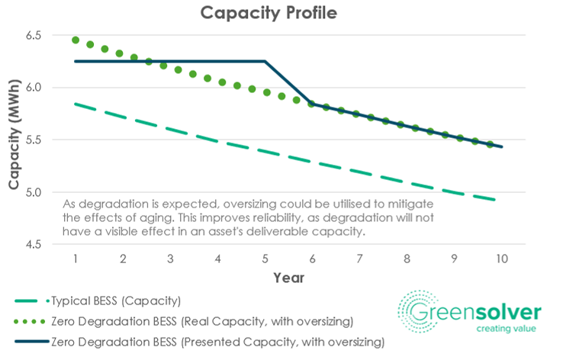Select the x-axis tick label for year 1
(x=76, y=259)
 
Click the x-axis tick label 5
(x=265, y=259)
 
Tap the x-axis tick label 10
(x=502, y=259)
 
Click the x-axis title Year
(x=289, y=278)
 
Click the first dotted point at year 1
(x=76, y=40)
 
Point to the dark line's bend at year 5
(x=265, y=61)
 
